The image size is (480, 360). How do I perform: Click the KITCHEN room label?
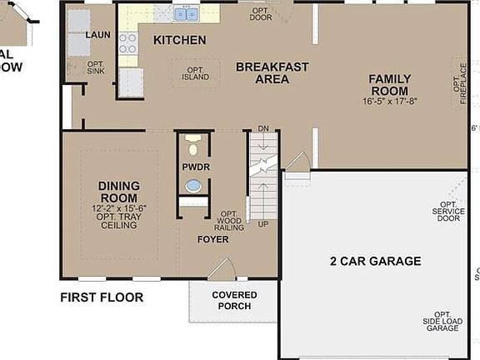coord(179,40)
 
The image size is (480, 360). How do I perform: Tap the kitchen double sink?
coord(187,13)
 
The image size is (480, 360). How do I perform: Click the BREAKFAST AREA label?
coord(272,73)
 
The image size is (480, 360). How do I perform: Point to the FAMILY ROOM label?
coord(389,85)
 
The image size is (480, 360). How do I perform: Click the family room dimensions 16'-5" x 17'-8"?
coord(389,102)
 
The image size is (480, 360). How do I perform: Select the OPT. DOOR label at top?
coord(261,14)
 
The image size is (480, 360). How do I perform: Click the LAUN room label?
coord(98,35)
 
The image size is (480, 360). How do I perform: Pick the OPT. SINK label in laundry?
coord(97,67)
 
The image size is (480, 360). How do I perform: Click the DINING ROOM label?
coord(118,192)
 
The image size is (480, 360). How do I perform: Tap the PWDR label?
coord(195,167)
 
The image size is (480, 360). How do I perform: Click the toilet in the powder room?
coord(193,146)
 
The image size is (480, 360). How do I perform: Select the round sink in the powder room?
coord(194,185)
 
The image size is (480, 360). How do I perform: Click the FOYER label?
coord(212,239)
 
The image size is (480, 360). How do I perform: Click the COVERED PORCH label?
coord(234,301)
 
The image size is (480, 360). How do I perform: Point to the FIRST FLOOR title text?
coord(102,297)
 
